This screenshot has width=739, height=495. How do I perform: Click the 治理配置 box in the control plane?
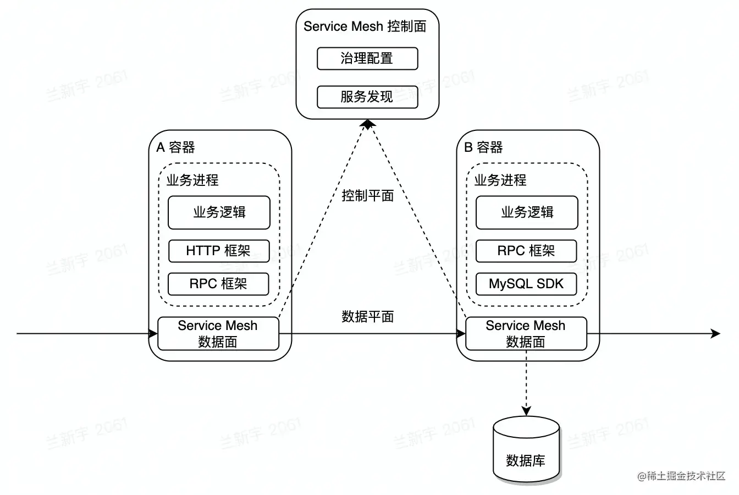coord(367,59)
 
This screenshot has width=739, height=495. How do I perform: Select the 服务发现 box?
coord(367,97)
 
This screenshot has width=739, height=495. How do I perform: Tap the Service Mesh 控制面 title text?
coord(365,26)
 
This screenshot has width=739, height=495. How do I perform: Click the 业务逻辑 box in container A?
coord(219,212)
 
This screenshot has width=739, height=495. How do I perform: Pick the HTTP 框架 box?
coord(219,251)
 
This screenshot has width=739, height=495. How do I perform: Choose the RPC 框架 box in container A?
coord(219,284)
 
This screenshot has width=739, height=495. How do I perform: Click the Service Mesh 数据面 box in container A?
coord(218,333)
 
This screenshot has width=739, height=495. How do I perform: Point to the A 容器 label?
coord(176,147)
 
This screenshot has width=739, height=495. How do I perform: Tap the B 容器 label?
coord(484,147)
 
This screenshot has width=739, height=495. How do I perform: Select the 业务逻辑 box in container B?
coord(527,212)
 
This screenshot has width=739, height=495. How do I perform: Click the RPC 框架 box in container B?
coord(526,251)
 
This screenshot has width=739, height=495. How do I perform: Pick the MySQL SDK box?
coord(526,284)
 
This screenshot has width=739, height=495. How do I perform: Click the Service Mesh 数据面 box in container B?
coord(526,333)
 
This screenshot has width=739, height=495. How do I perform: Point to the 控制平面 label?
coord(367,196)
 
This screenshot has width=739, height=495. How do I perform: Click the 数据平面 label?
coord(367,316)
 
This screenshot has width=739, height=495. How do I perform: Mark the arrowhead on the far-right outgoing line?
coord(715,333)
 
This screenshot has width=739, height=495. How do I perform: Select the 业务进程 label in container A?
coord(192,180)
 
